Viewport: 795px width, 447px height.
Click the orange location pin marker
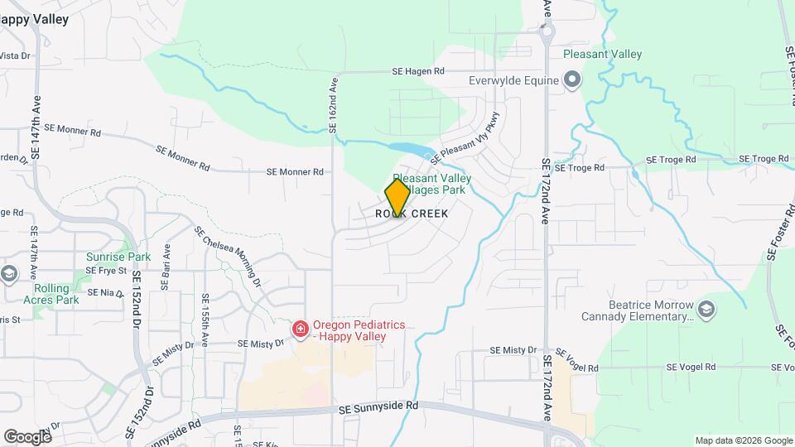pyautogui.click(x=397, y=199)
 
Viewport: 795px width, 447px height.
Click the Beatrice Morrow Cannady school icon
pyautogui.click(x=706, y=310)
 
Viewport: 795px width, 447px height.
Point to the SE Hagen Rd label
pyautogui.click(x=418, y=73)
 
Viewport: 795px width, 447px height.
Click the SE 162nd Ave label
pyautogui.click(x=334, y=106)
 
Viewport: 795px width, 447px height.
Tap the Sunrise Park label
pyautogui.click(x=118, y=257)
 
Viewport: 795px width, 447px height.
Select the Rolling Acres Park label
pyautogui.click(x=57, y=294)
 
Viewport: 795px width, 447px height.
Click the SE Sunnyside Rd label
pyautogui.click(x=378, y=406)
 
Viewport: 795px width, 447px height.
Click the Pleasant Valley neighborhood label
pyautogui.click(x=602, y=55)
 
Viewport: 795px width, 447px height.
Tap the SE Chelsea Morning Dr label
pyautogui.click(x=227, y=257)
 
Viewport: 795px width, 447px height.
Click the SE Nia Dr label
pyautogui.click(x=104, y=292)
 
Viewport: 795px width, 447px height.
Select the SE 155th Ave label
pyautogui.click(x=205, y=318)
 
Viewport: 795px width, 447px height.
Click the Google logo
pyautogui.click(x=27, y=436)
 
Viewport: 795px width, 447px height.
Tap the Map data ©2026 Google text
pyautogui.click(x=742, y=440)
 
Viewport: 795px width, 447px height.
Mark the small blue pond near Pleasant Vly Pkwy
pyautogui.click(x=409, y=150)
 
